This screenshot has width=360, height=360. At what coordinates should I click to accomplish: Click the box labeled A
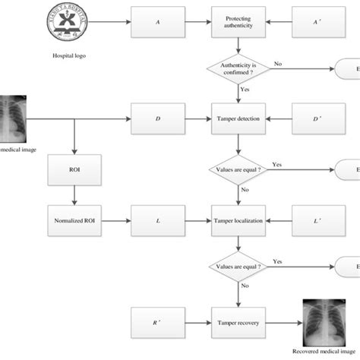156,22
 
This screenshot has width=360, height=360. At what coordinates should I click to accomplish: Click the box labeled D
156,118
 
